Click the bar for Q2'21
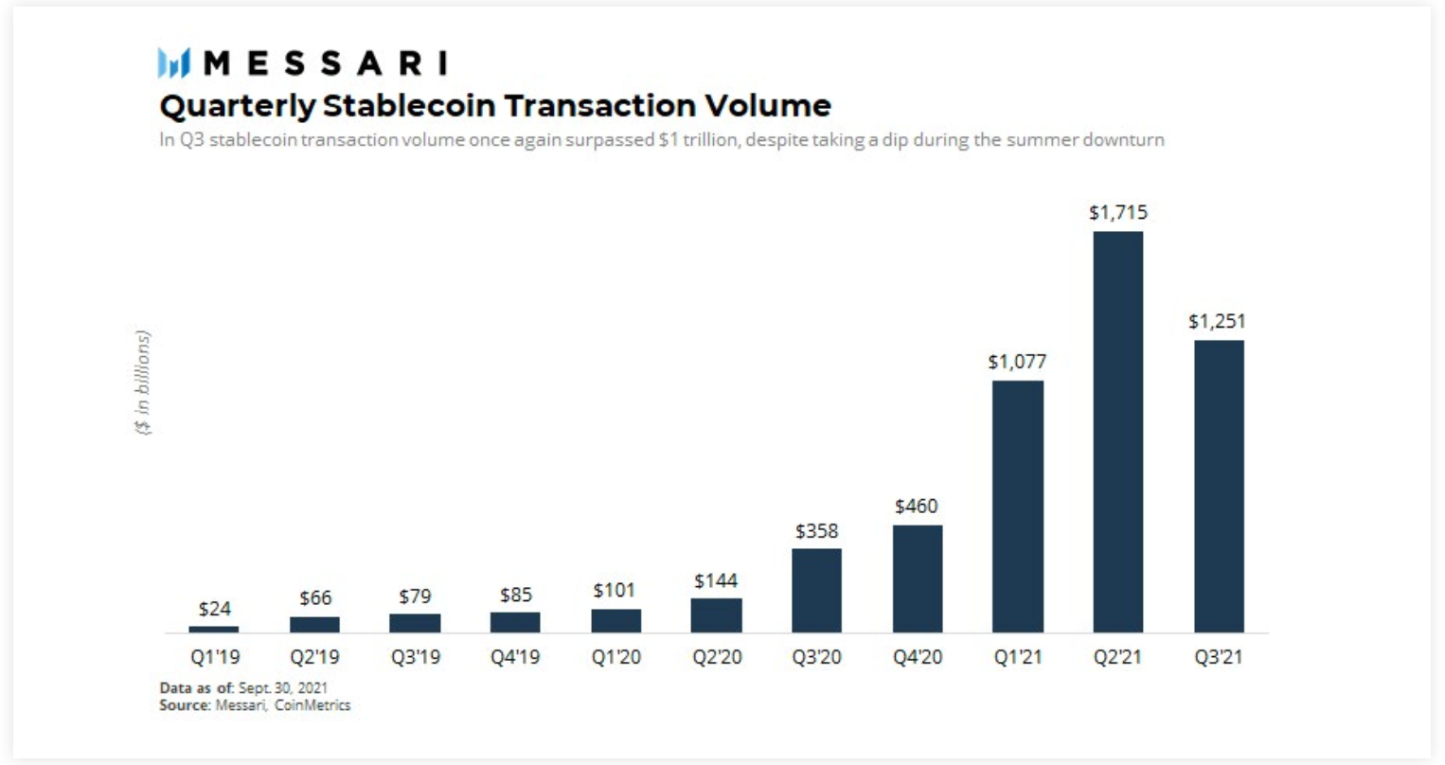pos(1117,432)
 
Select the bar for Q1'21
pos(1017,507)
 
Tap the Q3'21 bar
pos(1219,486)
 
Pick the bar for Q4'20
pos(917,578)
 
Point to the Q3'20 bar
pos(816,590)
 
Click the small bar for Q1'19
pos(214,629)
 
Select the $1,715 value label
pos(1117,213)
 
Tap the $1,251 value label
pos(1218,322)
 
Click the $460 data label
pos(917,507)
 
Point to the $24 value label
pos(215,609)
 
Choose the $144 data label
pos(716,580)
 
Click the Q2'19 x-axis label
pos(314,657)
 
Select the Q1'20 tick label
pos(615,657)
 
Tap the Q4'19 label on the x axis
pos(515,657)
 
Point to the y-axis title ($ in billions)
pos(143,382)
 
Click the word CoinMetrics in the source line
pos(312,705)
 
